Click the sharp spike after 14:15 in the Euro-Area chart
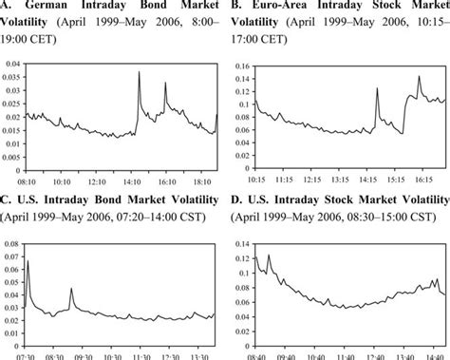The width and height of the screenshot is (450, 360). [x=376, y=88]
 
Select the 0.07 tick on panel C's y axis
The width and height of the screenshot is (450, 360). [x=13, y=255]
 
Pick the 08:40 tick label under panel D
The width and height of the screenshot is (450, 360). [x=256, y=354]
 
